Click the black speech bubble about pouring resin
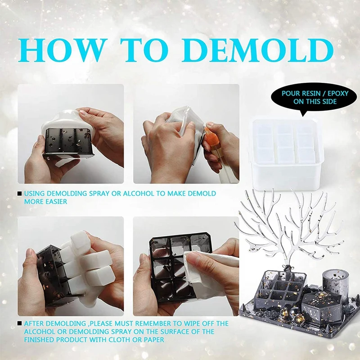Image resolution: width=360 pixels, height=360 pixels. click(314, 98)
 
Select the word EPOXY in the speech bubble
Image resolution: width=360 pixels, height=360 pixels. click(338, 94)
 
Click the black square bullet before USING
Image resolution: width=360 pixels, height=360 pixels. click(20, 193)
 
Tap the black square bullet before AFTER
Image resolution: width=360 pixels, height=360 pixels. click(20, 324)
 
